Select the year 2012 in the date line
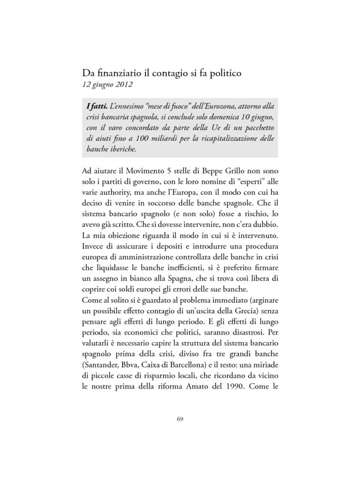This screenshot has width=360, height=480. tap(124, 84)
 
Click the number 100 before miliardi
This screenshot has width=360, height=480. tap(142, 138)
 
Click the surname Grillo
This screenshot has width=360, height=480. tap(234, 171)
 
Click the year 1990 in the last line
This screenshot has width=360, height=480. tap(234, 386)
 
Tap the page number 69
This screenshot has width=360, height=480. tap(180, 419)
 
